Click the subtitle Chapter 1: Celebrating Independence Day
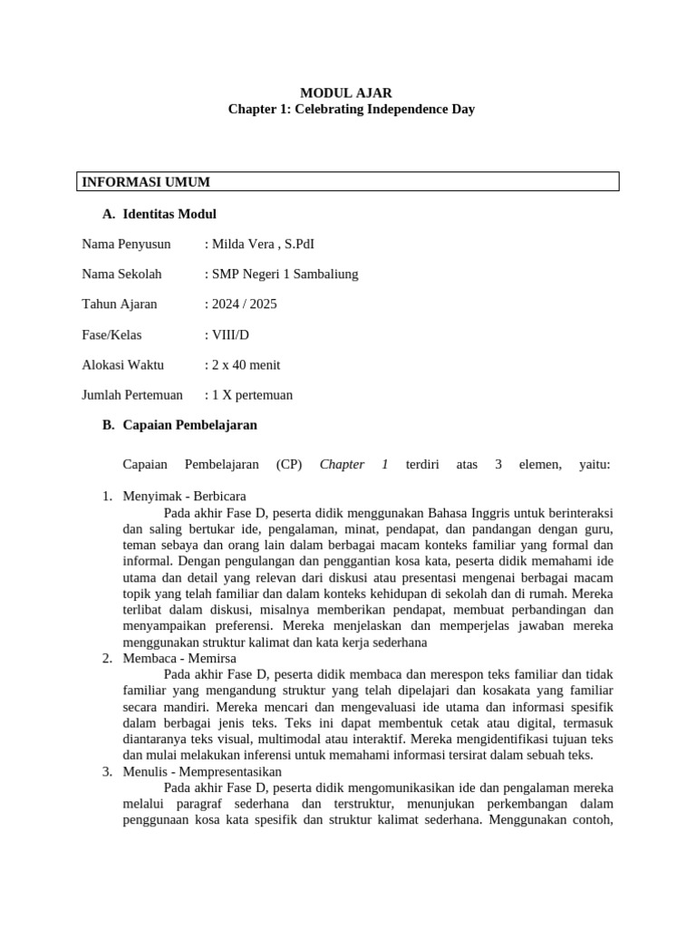[351, 109]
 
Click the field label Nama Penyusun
[126, 245]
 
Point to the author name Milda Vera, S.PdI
[263, 245]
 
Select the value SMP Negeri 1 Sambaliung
[285, 275]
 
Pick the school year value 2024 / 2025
[244, 304]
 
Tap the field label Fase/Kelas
[111, 335]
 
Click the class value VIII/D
[229, 335]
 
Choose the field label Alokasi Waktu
[123, 365]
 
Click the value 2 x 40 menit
[246, 365]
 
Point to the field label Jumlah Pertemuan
[132, 395]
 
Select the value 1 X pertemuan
[252, 395]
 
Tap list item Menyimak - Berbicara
[184, 496]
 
